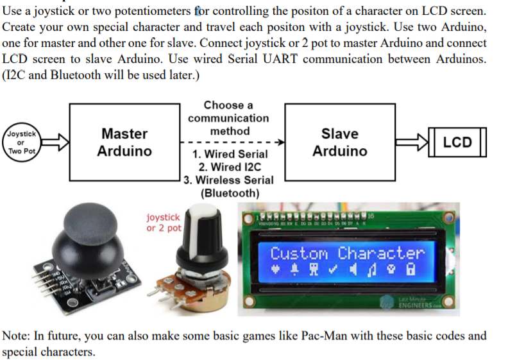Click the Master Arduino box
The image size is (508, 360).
tap(124, 142)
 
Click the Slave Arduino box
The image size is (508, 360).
tap(339, 142)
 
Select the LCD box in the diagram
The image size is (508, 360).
tap(457, 142)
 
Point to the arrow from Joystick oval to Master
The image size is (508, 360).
tap(55, 142)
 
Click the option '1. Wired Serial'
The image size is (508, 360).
tap(230, 155)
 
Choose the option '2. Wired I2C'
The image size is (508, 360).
tap(230, 167)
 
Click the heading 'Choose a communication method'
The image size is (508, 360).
tap(228, 118)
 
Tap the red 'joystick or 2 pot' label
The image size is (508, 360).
tap(164, 223)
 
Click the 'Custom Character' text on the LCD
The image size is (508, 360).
tap(347, 253)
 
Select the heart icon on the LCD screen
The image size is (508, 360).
tap(276, 271)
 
